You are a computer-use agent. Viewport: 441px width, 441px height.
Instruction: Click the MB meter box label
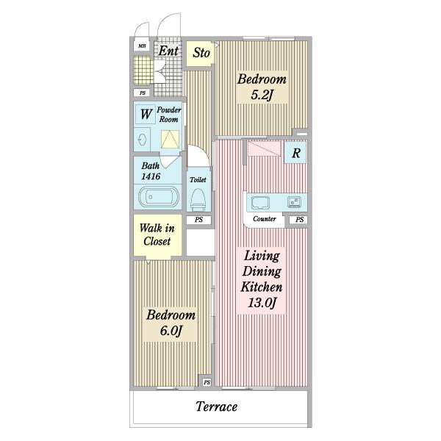(x=142, y=46)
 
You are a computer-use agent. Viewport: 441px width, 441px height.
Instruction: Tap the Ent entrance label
(x=168, y=51)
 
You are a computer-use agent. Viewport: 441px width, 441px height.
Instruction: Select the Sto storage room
(x=200, y=54)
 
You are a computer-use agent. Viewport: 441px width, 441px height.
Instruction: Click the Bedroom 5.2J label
(x=262, y=87)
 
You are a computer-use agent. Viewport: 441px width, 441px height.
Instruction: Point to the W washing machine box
(x=145, y=114)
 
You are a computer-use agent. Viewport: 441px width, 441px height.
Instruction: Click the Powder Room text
(x=169, y=115)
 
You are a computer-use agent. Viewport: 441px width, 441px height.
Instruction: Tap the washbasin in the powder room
(x=142, y=140)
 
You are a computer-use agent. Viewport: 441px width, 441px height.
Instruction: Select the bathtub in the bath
(x=159, y=197)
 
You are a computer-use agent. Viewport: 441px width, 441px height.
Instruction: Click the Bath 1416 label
(x=151, y=171)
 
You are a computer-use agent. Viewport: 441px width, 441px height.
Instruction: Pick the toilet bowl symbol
(x=198, y=199)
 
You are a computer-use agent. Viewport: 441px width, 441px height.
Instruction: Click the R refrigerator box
(x=295, y=153)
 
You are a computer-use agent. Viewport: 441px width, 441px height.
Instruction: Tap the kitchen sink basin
(x=260, y=203)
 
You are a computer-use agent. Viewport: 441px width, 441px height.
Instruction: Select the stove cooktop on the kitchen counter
(x=294, y=202)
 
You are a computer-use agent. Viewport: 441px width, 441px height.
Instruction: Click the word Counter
(x=265, y=219)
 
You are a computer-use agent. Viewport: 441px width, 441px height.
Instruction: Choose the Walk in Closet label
(x=157, y=234)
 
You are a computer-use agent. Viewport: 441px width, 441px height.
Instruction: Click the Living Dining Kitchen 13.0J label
(x=262, y=279)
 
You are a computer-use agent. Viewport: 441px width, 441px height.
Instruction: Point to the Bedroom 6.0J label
(x=171, y=323)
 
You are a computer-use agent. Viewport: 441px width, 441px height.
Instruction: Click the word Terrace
(x=216, y=406)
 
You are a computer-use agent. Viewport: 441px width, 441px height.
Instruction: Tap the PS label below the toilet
(x=198, y=220)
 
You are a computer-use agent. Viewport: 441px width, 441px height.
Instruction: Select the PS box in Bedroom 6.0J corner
(x=207, y=382)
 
